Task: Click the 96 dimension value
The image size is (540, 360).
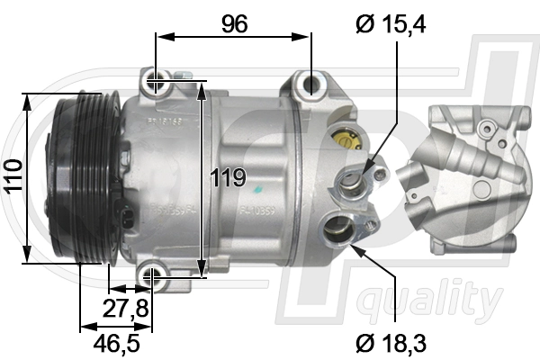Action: pyautogui.click(x=234, y=24)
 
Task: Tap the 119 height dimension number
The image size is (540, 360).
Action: pyautogui.click(x=229, y=177)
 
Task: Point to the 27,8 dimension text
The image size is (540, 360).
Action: pyautogui.click(x=125, y=309)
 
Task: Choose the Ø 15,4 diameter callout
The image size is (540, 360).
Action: pyautogui.click(x=390, y=24)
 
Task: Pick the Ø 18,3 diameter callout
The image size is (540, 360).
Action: pyautogui.click(x=390, y=342)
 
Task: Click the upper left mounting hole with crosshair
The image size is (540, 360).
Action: pyautogui.click(x=157, y=83)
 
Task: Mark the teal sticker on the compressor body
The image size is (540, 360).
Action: pyautogui.click(x=257, y=190)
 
